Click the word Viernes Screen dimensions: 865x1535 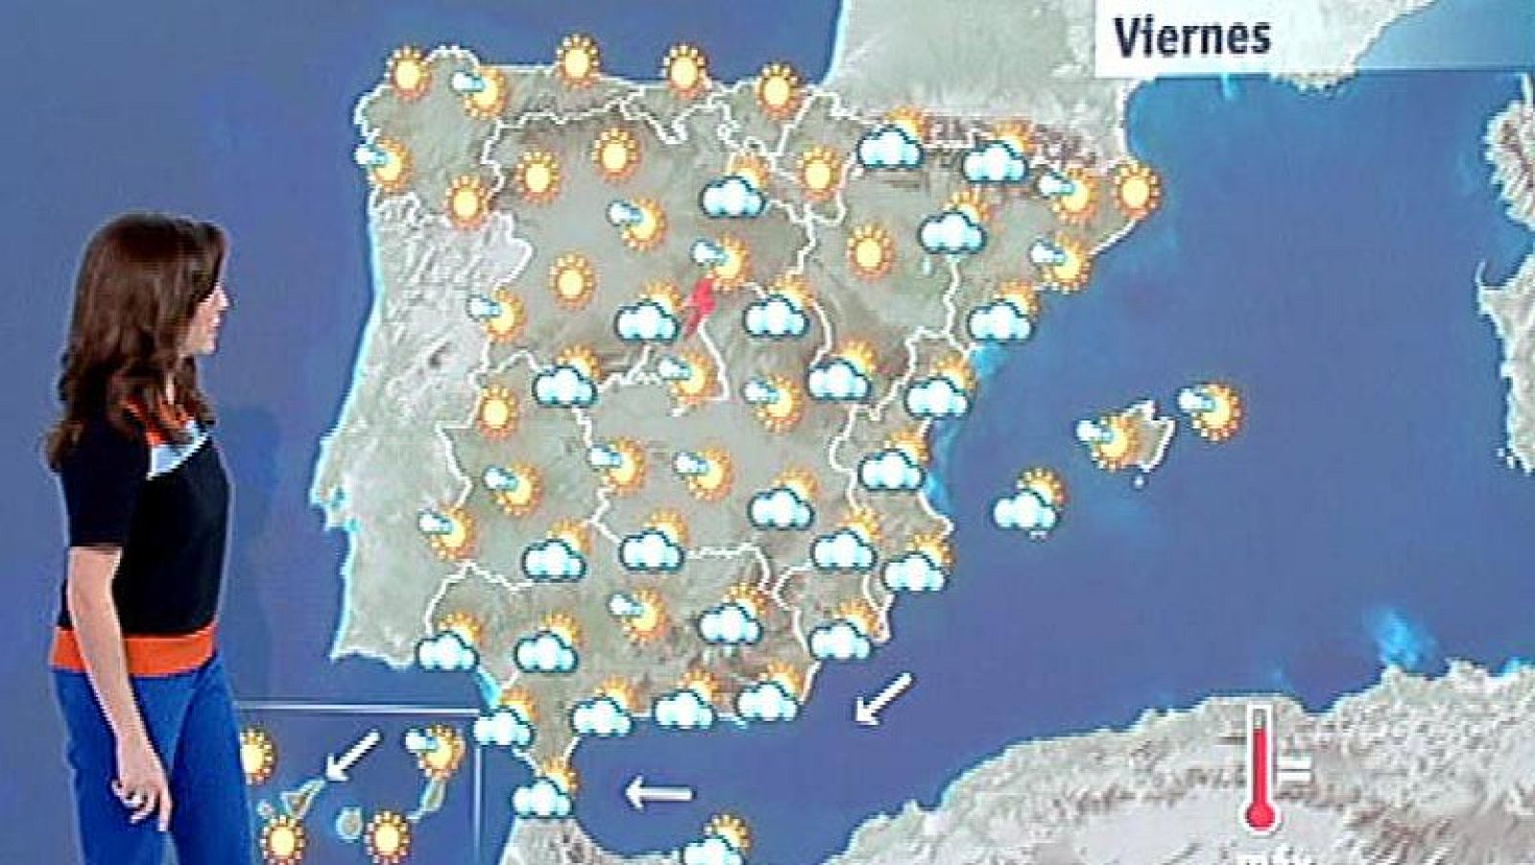(x=1192, y=36)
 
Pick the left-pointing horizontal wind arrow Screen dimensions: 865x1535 (x=659, y=793)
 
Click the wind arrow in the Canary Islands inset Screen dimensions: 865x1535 (x=352, y=755)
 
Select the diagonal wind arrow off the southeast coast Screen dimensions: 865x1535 (x=882, y=698)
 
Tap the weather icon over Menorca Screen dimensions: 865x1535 (x=1211, y=410)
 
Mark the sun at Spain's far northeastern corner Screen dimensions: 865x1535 (x=1136, y=189)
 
